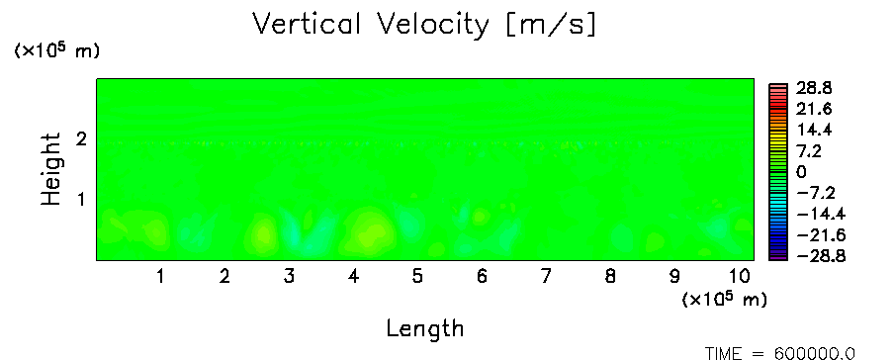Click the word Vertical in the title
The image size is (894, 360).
[306, 24]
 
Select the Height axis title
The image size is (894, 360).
[50, 169]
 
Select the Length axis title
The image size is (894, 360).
[425, 329]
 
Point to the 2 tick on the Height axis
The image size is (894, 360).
[81, 138]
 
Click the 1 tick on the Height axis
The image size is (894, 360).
[81, 200]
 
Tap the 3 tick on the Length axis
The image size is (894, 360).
[289, 277]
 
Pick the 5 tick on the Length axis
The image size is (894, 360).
[417, 277]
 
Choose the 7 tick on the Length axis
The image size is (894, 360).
[546, 277]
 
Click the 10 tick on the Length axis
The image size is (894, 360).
[739, 277]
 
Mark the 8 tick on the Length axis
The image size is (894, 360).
[610, 277]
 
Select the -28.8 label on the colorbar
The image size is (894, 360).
[821, 256]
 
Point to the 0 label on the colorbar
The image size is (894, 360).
[801, 172]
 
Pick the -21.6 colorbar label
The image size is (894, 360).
[821, 235]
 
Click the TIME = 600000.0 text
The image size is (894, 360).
[780, 354]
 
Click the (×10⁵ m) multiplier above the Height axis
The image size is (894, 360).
[56, 50]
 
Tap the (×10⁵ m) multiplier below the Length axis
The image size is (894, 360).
[724, 299]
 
